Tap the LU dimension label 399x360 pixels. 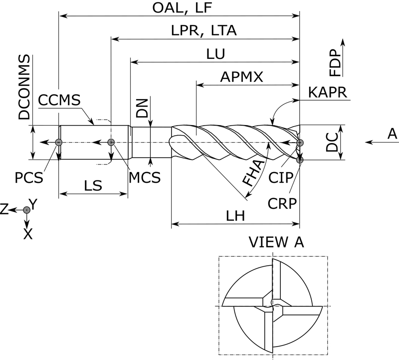pyautogui.click(x=215, y=54)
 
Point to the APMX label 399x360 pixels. pyautogui.click(x=242, y=77)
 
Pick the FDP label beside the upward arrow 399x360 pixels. pyautogui.click(x=335, y=62)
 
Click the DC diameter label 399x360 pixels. pyautogui.click(x=332, y=142)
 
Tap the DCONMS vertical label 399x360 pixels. pyautogui.click(x=24, y=87)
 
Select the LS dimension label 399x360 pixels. pyautogui.click(x=93, y=185)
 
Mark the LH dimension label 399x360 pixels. pyautogui.click(x=235, y=217)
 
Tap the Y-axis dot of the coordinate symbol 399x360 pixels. pyautogui.click(x=27, y=210)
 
